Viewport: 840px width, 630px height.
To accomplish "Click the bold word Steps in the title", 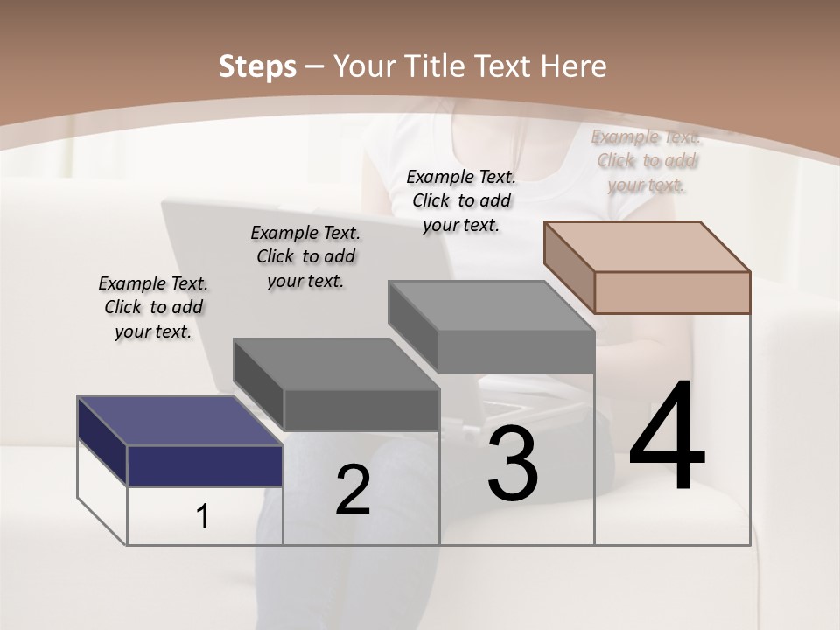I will [x=257, y=66].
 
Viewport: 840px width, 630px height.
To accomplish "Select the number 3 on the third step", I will [x=513, y=465].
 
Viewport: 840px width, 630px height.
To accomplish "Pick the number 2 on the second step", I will [x=353, y=491].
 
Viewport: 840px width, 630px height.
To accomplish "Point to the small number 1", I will [x=203, y=517].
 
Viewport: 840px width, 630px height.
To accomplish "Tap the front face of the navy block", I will [x=205, y=465].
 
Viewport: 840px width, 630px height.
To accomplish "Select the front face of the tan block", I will [x=672, y=292].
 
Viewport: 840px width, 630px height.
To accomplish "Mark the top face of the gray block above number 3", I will [x=491, y=305].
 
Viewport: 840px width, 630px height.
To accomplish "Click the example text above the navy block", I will [x=153, y=307].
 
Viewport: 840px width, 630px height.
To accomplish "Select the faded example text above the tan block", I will [x=647, y=160].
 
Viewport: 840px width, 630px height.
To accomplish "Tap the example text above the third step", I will [x=461, y=200].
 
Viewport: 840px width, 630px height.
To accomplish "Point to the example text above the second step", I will [x=305, y=256].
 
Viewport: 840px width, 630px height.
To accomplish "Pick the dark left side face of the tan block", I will [x=569, y=263].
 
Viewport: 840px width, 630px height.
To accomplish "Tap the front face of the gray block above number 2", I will [x=361, y=409].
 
